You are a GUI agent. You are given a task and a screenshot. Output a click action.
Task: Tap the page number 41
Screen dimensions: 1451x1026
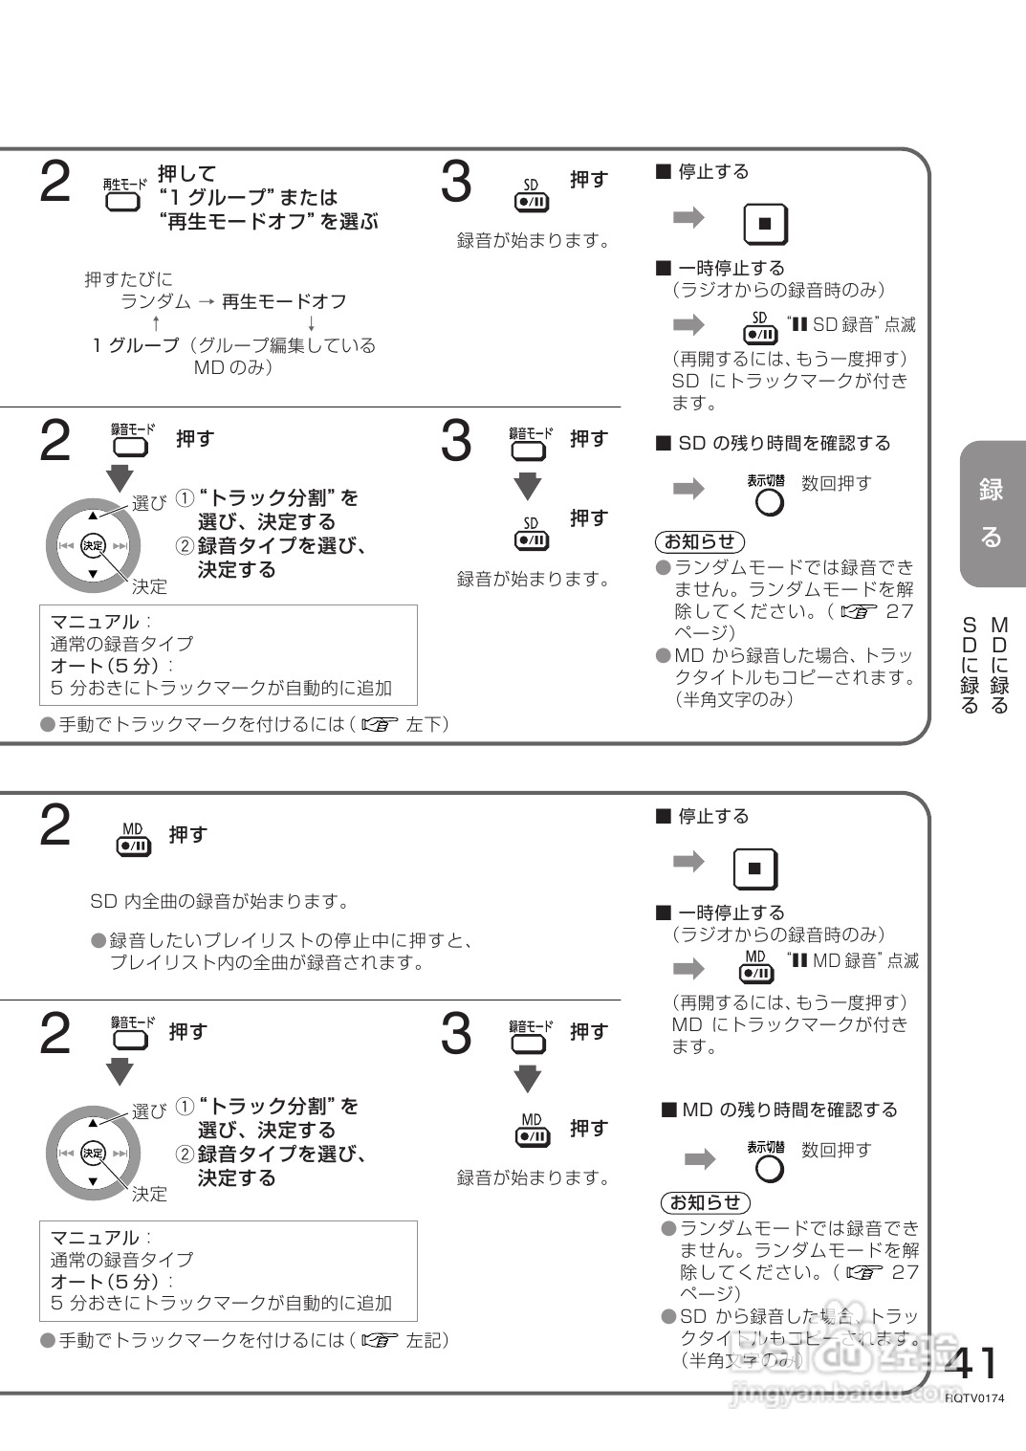click(971, 1362)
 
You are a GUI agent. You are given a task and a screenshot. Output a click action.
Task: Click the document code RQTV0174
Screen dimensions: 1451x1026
click(974, 1397)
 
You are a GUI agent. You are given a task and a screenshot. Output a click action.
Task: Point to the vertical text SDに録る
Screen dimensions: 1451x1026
click(970, 666)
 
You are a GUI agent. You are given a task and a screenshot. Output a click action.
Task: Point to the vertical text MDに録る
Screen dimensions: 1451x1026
click(1000, 666)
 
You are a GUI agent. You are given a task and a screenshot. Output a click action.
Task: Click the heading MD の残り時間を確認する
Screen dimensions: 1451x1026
click(780, 1110)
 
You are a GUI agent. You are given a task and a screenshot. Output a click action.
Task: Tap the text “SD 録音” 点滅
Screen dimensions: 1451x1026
click(851, 325)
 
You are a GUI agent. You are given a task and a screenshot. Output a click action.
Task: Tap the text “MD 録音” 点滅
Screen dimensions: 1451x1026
click(853, 960)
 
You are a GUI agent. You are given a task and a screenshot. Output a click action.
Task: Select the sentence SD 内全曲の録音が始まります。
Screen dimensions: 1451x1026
click(220, 901)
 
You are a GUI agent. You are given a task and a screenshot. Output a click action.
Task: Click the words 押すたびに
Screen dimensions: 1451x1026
click(128, 279)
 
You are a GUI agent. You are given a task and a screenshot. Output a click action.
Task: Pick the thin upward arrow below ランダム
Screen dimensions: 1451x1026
click(156, 323)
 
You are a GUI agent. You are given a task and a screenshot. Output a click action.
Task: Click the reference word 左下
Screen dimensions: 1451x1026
click(426, 724)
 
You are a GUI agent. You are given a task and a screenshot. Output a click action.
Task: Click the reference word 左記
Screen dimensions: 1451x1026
click(426, 1340)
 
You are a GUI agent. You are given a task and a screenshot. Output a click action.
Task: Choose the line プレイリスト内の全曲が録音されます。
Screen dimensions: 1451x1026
click(268, 962)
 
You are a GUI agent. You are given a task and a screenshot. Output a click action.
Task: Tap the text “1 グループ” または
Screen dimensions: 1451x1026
click(249, 197)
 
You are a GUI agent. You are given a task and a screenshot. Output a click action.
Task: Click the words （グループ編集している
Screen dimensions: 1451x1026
click(282, 345)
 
